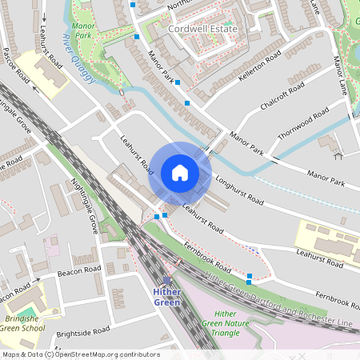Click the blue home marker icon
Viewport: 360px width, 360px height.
click(x=180, y=173)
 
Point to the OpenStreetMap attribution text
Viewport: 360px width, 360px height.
click(x=80, y=354)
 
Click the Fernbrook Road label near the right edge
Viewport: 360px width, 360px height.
click(x=336, y=298)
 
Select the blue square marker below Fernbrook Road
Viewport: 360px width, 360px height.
click(x=250, y=277)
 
